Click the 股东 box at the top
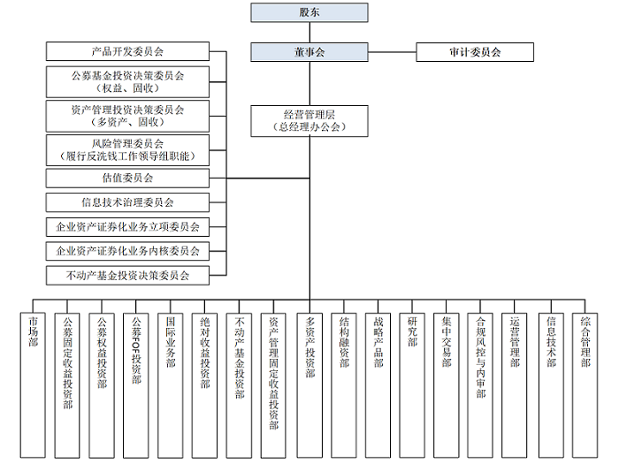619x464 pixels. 309,12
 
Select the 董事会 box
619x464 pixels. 309,52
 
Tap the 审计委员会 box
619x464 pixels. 475,52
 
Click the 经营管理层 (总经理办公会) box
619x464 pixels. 309,120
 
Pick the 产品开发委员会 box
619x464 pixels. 128,52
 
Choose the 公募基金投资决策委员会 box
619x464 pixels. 128,80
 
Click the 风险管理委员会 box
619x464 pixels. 128,148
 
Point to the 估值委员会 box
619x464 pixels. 128,178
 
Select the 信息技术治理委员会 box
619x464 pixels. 128,202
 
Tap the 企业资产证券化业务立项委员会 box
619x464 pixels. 128,227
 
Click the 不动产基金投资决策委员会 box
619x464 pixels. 128,276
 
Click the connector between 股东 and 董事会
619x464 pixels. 309,33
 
